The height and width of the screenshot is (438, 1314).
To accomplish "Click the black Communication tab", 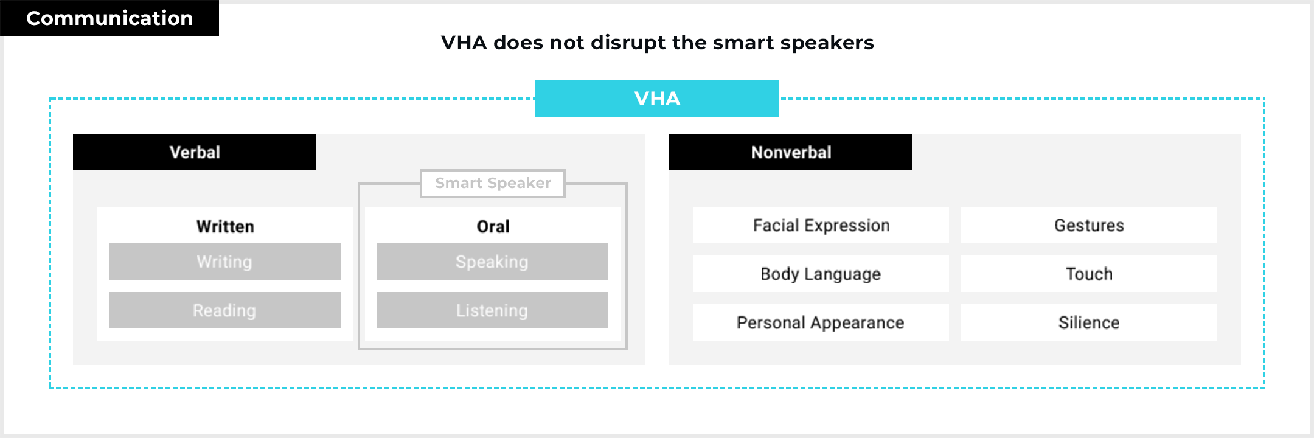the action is coord(109,18).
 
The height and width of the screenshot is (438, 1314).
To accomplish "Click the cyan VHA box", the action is coord(657,99).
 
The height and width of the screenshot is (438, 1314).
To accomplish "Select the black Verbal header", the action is coord(195,152).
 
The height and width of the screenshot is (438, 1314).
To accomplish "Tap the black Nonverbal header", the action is coord(791,152).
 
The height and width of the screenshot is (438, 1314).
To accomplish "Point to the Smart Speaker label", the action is coord(493,183).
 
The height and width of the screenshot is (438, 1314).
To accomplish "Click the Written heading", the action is coord(225,226).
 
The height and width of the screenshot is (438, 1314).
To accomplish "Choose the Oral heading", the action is coord(493,226).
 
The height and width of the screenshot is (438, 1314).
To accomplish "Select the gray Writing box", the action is coord(225,262).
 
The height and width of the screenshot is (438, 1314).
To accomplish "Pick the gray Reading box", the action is coord(225,310).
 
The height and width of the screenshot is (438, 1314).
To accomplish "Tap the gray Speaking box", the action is coord(493,262).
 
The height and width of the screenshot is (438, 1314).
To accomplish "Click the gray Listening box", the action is coord(493,310).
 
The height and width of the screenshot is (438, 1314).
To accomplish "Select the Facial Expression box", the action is coord(821,225).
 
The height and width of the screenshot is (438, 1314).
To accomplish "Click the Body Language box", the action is coord(821,274).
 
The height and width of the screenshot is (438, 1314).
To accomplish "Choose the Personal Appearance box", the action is coord(821,322).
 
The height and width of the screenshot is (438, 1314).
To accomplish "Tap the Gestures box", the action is coord(1089,225).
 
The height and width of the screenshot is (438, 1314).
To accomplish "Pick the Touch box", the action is coord(1089,274).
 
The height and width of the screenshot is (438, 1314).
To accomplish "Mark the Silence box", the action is coord(1089,322).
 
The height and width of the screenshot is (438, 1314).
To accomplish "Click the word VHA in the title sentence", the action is coord(464,43).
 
